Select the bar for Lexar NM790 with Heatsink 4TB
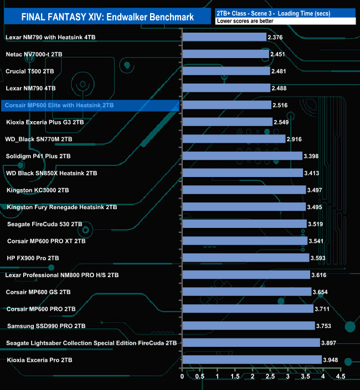(x=224, y=37)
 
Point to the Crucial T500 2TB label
(x=30, y=71)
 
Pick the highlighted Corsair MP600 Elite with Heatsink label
(x=59, y=105)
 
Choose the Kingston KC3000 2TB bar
(x=244, y=190)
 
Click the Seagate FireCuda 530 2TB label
(x=45, y=224)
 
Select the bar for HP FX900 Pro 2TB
(x=245, y=258)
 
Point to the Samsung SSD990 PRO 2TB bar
(x=248, y=326)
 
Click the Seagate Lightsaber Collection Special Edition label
(x=91, y=343)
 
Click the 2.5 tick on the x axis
(x=270, y=377)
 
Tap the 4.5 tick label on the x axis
(x=341, y=377)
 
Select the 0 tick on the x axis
(x=182, y=377)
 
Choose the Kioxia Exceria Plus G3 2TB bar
(x=227, y=122)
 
